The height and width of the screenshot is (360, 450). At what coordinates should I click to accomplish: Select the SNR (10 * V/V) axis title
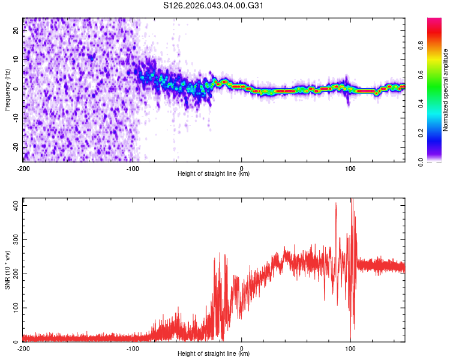click(x=7, y=270)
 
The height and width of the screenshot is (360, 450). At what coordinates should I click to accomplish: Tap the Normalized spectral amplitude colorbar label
click(x=446, y=90)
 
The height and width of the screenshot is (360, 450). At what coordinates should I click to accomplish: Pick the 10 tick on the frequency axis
click(x=16, y=60)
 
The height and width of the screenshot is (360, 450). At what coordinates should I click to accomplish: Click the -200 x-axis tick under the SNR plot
click(x=23, y=348)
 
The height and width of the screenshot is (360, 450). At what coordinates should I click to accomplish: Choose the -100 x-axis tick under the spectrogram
click(x=132, y=167)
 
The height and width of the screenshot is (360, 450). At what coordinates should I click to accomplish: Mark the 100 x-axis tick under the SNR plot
click(x=350, y=348)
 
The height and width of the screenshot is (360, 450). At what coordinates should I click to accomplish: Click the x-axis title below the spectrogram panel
click(x=214, y=173)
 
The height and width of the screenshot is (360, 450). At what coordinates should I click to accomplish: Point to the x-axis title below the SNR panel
click(x=214, y=354)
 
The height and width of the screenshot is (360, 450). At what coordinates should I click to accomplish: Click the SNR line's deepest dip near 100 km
click(x=351, y=339)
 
